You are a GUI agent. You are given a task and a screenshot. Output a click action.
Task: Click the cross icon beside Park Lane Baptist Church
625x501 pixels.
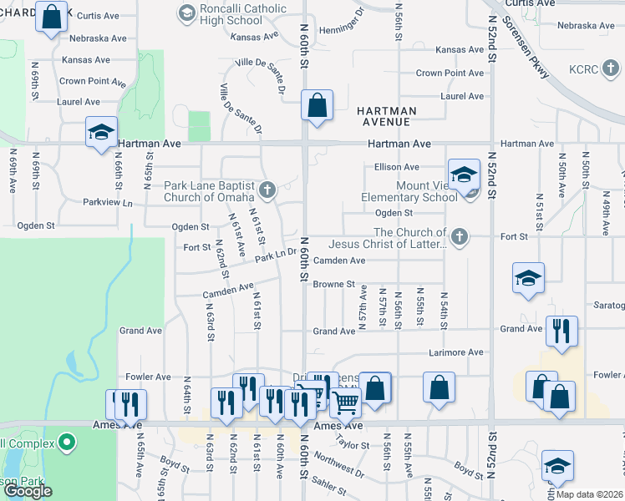coord(267,190)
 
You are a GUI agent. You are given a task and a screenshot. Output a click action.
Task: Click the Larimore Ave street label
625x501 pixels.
coord(456,352)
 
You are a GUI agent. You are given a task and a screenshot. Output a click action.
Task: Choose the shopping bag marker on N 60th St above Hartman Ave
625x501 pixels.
coord(317,107)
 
